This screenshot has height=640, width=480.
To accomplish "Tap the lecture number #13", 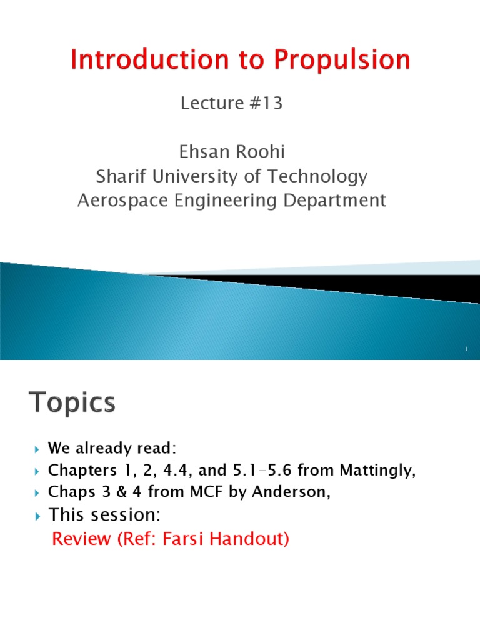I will click(267, 103).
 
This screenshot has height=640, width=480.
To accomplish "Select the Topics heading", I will click(72, 403).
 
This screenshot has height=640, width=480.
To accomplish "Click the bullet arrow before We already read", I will click(36, 449).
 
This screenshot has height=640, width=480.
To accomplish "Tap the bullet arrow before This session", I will click(36, 516).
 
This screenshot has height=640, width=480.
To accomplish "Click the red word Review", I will click(79, 539).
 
